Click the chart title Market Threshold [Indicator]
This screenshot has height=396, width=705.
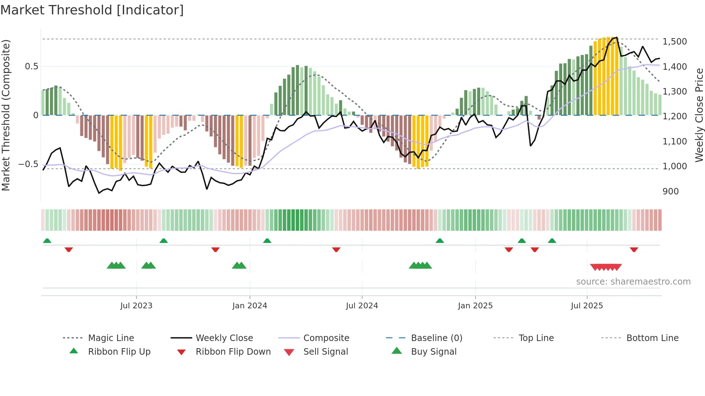pos(92,10)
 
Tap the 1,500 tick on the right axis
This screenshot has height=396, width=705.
pos(674,42)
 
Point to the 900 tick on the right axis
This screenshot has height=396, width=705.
pos(670,192)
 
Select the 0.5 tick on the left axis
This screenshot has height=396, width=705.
pos(31,66)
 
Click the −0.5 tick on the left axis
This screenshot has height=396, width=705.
pos(28,164)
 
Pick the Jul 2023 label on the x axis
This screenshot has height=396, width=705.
pos(136,306)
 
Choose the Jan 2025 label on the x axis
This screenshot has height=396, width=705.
pos(475,306)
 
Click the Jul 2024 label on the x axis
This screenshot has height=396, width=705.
pos(362,306)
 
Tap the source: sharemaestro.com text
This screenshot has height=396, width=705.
pos(633,282)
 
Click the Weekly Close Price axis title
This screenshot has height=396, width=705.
pos(699,115)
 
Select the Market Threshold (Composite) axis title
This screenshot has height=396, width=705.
pos(6,115)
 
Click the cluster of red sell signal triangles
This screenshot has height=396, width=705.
pos(606,267)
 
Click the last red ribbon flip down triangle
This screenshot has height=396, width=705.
pos(634,249)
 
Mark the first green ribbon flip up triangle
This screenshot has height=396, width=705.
pos(47,241)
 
